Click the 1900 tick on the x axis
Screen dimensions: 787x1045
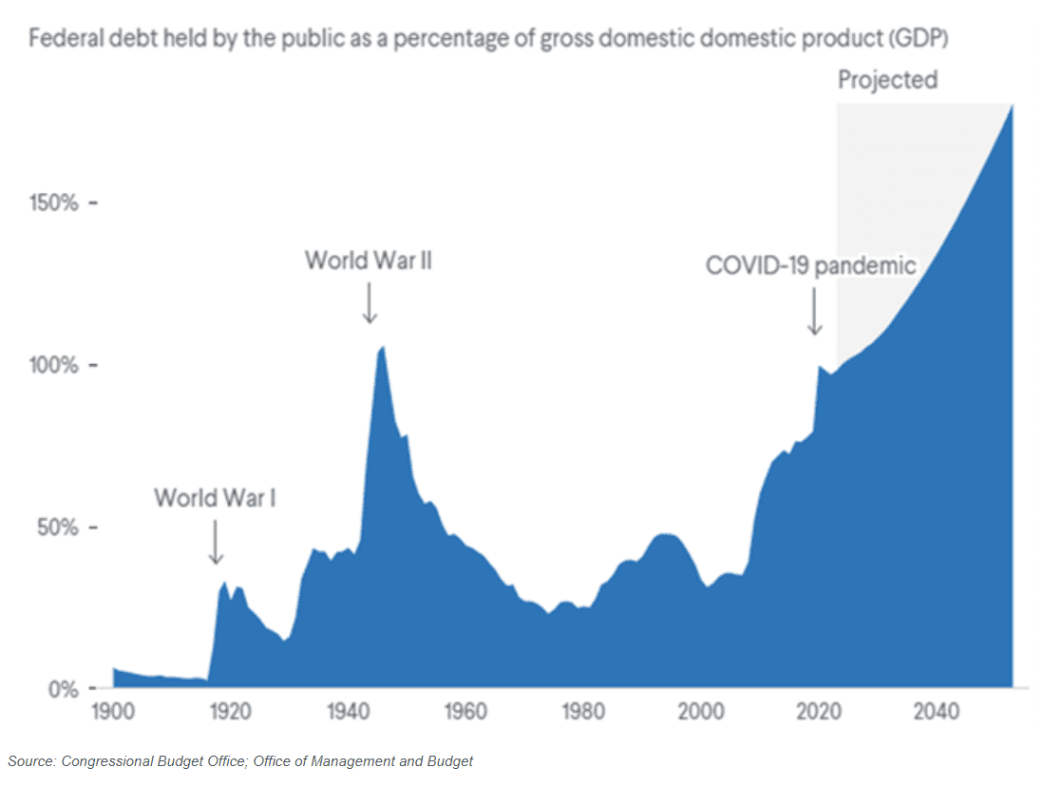114,711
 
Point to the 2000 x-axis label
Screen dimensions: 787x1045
702,711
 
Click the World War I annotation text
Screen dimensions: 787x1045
216,497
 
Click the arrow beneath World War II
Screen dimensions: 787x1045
370,303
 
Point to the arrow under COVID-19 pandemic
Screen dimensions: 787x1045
814,312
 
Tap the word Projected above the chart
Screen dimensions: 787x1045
887,80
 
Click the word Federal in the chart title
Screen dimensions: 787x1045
60,41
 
